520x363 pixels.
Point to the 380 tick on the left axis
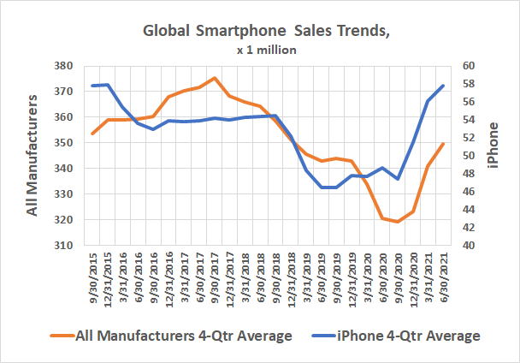pyautogui.click(x=62, y=66)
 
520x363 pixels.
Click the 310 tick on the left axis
pyautogui.click(x=62, y=246)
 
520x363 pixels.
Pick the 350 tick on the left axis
pyautogui.click(x=62, y=143)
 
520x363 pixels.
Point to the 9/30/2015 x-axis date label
pyautogui.click(x=92, y=272)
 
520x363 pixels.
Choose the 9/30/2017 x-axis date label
pyautogui.click(x=215, y=272)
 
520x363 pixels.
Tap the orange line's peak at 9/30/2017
pyautogui.click(x=215, y=78)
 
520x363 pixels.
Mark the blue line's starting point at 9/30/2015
pyautogui.click(x=92, y=86)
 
